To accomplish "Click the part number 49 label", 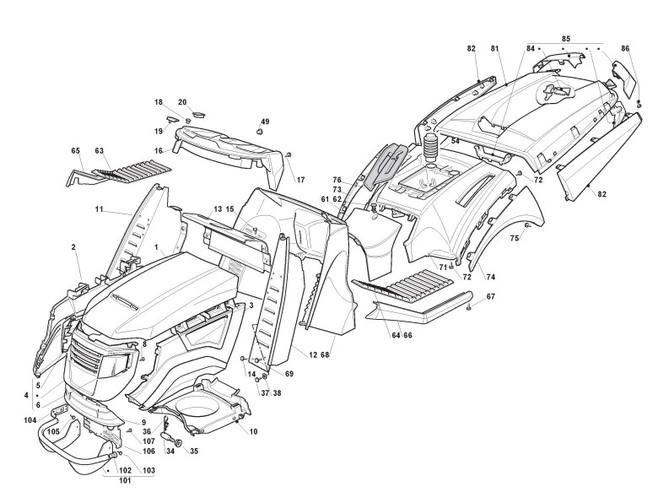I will (265, 121).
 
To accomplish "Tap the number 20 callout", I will (182, 102).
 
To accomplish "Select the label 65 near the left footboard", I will (75, 151).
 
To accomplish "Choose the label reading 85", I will (566, 39).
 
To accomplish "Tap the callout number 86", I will (625, 50).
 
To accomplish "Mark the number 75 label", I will (514, 239).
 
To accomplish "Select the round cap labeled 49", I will (260, 132).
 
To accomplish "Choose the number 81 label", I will (496, 50).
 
